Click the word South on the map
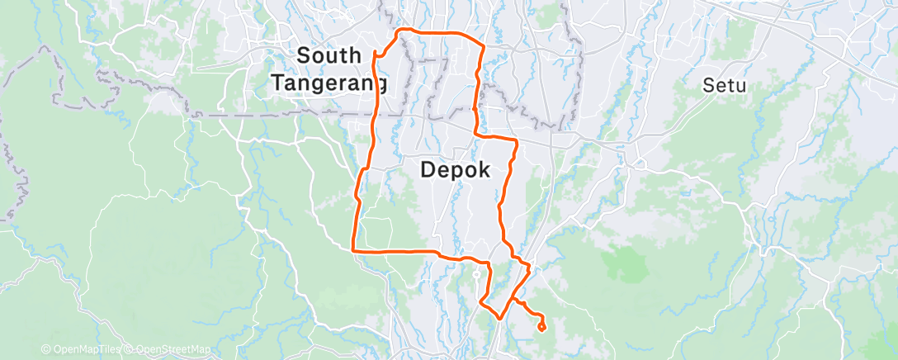coord(328,56)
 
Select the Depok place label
coord(456,170)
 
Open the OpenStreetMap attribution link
coord(174,350)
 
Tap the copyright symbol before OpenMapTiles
coord(45,350)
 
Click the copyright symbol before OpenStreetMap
coord(130,350)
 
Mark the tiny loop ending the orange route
coord(541,326)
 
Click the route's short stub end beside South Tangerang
coord(376,54)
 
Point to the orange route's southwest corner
coord(354,249)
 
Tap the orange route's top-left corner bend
coord(400,33)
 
